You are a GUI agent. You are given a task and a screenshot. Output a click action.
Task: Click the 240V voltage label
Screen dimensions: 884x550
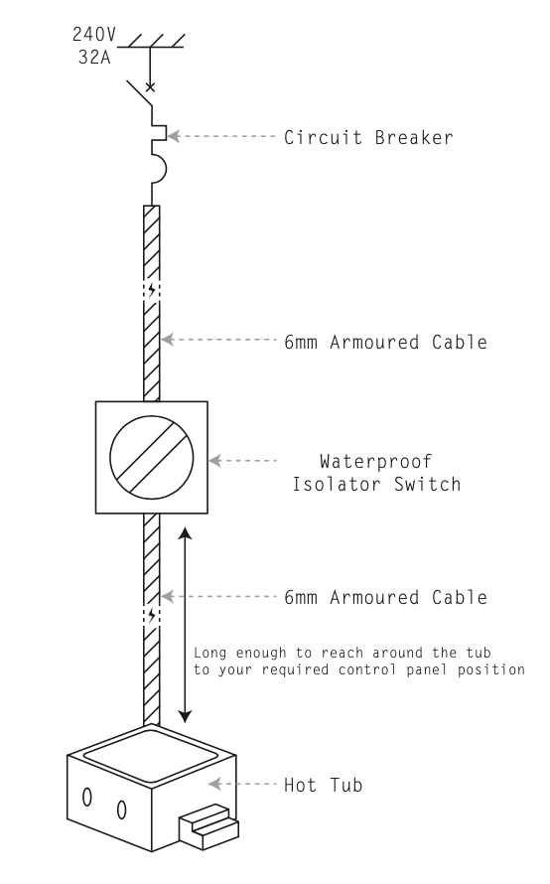pyautogui.click(x=94, y=34)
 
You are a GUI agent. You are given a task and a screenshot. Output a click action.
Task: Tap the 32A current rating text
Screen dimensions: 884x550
pyautogui.click(x=94, y=57)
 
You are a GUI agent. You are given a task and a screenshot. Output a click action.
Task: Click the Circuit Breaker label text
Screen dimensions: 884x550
pyautogui.click(x=368, y=138)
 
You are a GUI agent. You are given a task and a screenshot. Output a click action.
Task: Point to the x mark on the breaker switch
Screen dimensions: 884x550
pyautogui.click(x=151, y=88)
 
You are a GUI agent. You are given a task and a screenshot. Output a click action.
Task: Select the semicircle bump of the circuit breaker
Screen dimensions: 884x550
pyautogui.click(x=159, y=169)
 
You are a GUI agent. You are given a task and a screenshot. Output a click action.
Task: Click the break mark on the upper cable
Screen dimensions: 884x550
pyautogui.click(x=152, y=293)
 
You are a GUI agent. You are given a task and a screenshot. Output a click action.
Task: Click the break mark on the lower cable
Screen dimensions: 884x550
pyautogui.click(x=152, y=615)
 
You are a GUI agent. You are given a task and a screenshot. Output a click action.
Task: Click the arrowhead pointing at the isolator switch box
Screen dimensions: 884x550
pyautogui.click(x=216, y=461)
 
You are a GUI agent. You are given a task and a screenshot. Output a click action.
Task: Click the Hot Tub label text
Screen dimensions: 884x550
pyautogui.click(x=331, y=785)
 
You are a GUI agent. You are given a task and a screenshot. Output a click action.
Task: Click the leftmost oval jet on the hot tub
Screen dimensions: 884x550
pyautogui.click(x=86, y=797)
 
